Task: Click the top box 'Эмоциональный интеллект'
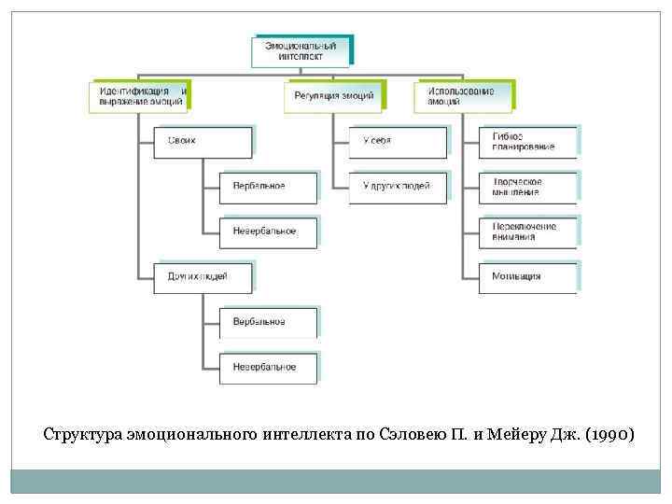[x=301, y=50]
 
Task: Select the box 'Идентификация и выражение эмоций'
[x=140, y=97]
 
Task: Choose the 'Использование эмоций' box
[x=463, y=97]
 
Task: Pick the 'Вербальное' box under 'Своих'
[x=268, y=186]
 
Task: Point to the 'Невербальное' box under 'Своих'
[x=268, y=231]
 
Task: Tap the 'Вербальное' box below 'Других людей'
[x=268, y=322]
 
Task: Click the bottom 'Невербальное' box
[x=268, y=367]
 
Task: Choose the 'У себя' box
[x=398, y=141]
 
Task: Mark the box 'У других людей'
[x=398, y=186]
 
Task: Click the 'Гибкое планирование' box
[x=527, y=141]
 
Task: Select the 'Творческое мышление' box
[x=527, y=186]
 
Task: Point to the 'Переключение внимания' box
[x=527, y=231]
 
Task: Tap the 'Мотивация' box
[x=527, y=276]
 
